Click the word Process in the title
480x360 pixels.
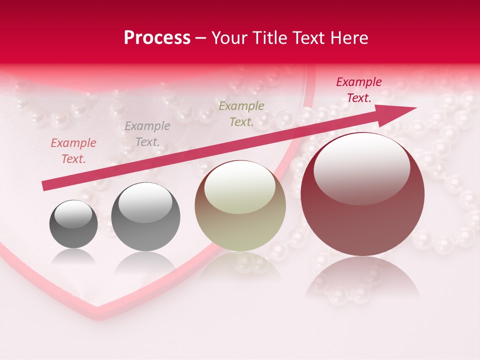coord(157,38)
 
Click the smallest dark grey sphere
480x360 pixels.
coord(73,224)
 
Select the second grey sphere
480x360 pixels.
coord(145,217)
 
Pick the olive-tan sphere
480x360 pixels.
coord(240,206)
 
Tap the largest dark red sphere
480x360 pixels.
coord(362,194)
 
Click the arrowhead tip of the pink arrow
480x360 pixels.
coord(416,108)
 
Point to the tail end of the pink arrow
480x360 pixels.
coord(44,186)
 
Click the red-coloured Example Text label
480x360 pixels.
coord(359,90)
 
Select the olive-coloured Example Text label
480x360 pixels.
coord(241,114)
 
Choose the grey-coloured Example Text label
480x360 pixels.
coord(147,134)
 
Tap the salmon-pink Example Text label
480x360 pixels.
coord(73,151)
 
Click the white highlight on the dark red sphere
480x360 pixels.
coord(361,167)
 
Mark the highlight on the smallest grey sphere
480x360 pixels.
coord(73,214)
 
